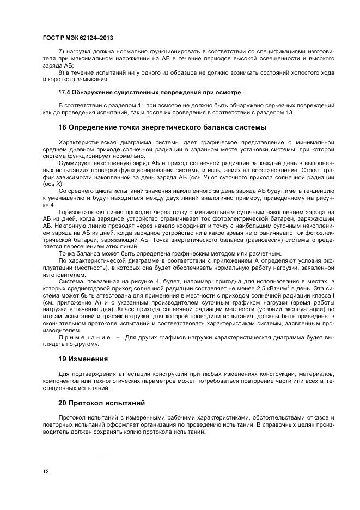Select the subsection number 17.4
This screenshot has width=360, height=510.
65,92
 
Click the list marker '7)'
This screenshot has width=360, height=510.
61,51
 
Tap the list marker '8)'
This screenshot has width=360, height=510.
61,72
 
